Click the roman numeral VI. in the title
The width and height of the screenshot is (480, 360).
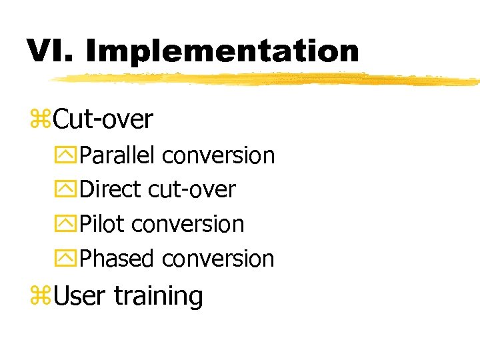50,51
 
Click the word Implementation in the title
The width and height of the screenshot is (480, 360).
222,51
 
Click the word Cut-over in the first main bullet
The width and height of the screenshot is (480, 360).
103,120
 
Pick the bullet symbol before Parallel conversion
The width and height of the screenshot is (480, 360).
68,156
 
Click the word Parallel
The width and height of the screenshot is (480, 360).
117,155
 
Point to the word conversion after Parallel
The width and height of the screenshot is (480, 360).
218,155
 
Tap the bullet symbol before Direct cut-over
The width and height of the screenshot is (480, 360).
68,190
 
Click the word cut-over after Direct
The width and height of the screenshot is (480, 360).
191,190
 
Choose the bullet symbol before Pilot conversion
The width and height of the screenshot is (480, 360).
68,225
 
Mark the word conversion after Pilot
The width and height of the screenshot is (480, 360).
187,225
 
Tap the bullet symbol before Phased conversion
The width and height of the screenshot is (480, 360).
68,259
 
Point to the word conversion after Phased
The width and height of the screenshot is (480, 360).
218,259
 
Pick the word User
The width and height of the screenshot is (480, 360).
79,296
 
